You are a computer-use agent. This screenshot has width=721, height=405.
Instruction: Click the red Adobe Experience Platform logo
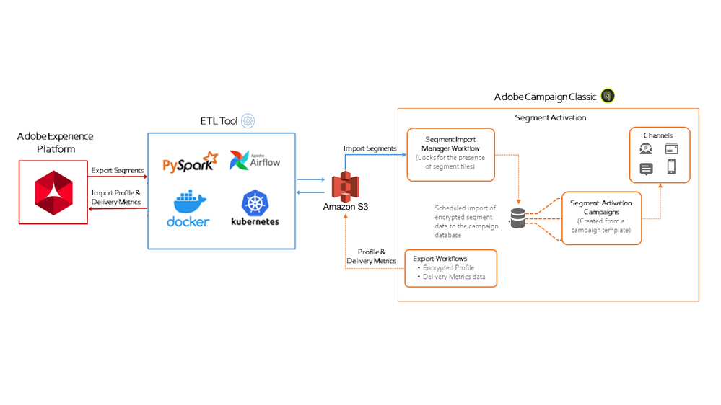[54, 192]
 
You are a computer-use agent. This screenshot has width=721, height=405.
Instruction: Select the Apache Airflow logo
[254, 159]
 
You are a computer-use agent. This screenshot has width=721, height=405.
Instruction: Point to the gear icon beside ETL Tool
[248, 121]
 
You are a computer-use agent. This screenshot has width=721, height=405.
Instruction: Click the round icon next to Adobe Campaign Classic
[608, 96]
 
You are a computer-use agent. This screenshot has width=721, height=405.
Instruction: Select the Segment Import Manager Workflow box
[450, 154]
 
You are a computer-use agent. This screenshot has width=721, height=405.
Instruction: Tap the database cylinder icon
[518, 218]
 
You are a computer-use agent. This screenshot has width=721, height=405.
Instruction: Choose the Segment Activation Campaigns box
[601, 218]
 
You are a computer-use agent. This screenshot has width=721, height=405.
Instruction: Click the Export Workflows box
[451, 267]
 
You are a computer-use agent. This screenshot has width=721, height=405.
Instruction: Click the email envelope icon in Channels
[647, 149]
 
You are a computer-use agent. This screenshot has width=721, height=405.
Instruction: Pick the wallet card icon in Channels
[670, 149]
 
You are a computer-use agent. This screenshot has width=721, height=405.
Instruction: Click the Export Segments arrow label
[117, 171]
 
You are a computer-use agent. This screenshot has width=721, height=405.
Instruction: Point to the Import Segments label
[370, 148]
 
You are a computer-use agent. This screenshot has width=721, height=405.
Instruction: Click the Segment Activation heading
[551, 117]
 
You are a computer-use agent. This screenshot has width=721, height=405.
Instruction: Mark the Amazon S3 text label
[346, 208]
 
